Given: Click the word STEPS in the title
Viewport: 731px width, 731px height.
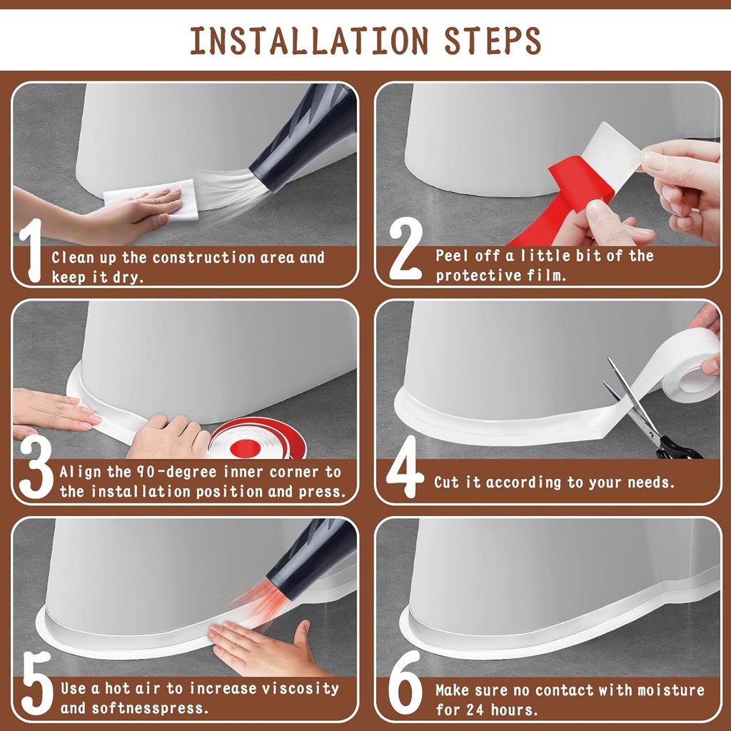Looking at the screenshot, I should tap(492, 42).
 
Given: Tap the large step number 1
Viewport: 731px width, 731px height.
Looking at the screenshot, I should tap(30, 251).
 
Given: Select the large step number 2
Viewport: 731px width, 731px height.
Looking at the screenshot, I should tap(405, 251).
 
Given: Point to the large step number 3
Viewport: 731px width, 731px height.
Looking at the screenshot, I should tap(35, 467).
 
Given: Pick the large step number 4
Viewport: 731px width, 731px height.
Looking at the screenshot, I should tap(405, 467).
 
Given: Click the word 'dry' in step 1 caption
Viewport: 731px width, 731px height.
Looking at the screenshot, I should tap(128, 278).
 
